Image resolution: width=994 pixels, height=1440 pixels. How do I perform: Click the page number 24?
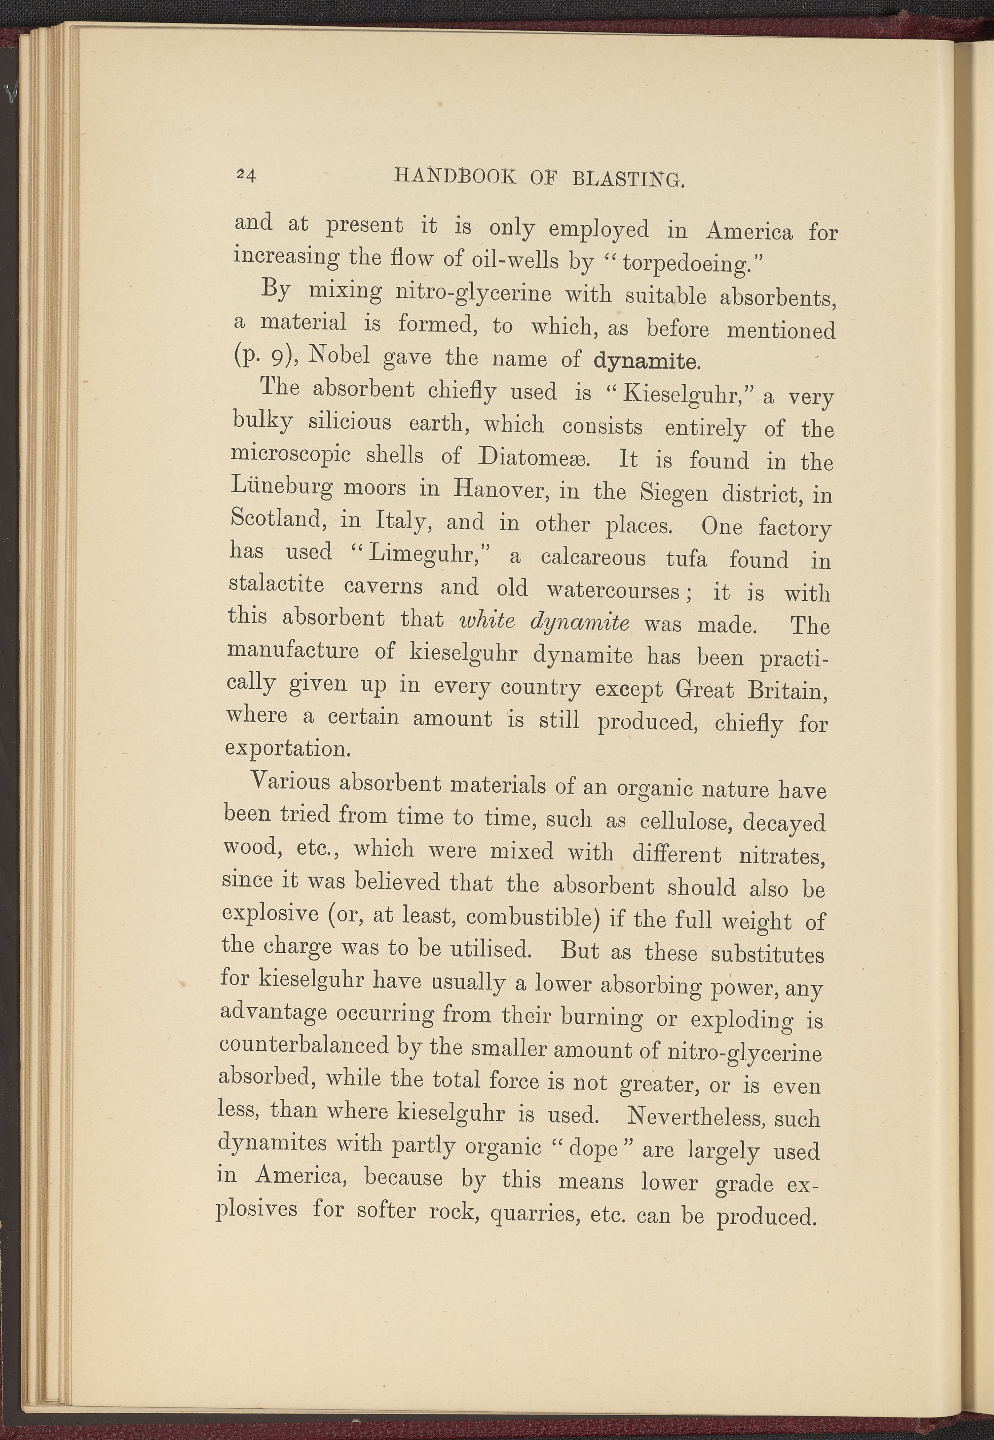click(x=246, y=175)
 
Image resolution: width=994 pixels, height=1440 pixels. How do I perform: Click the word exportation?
click(x=287, y=748)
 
